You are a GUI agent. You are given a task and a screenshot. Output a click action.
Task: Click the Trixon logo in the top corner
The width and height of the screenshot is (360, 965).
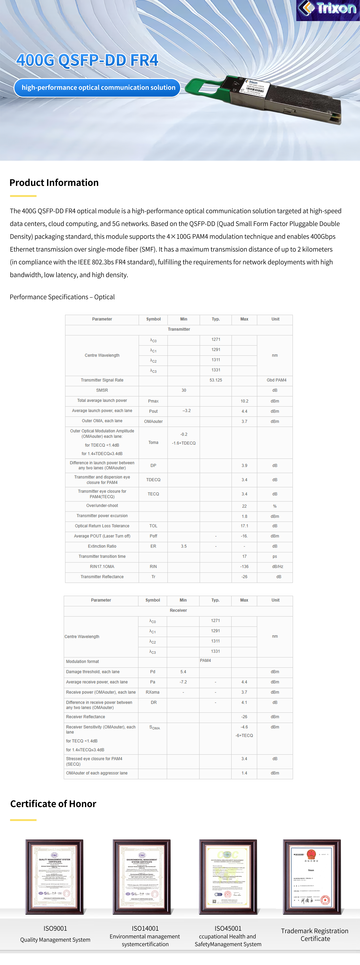pos(328,9)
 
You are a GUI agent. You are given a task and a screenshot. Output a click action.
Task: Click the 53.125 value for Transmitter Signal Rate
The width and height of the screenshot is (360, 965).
pos(216,380)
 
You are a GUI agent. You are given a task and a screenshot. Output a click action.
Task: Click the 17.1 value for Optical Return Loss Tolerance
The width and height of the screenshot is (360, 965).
pos(244,526)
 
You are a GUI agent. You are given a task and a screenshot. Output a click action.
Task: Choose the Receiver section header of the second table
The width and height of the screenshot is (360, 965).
pos(178,610)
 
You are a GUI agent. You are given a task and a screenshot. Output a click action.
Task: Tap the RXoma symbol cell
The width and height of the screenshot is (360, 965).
pos(152,692)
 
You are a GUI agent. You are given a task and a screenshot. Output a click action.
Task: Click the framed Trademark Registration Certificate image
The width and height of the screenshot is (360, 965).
pos(312,877)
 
